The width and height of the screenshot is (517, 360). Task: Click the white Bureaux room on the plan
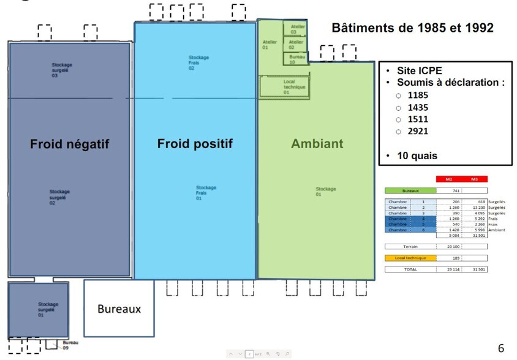pyautogui.click(x=119, y=309)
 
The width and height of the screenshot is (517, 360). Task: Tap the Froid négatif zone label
pyautogui.click(x=69, y=144)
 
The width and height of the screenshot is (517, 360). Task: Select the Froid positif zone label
pyautogui.click(x=195, y=144)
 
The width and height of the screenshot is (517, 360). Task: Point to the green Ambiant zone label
pyautogui.click(x=317, y=144)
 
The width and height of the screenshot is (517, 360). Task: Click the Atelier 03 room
pyautogui.click(x=294, y=29)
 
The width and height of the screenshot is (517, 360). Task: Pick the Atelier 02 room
pyautogui.click(x=295, y=44)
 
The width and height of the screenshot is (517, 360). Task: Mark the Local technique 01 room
pyautogui.click(x=284, y=86)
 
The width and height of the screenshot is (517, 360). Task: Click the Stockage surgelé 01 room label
pyautogui.click(x=47, y=309)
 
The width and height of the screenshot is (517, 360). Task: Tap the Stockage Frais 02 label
pyautogui.click(x=198, y=62)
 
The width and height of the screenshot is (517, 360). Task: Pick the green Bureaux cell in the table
pyautogui.click(x=410, y=191)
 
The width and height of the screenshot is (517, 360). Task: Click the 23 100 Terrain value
pyautogui.click(x=453, y=246)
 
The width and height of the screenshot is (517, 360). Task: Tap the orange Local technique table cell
pyautogui.click(x=410, y=258)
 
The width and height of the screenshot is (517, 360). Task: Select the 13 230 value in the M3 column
pyautogui.click(x=477, y=208)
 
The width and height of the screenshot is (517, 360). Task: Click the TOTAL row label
pyautogui.click(x=410, y=269)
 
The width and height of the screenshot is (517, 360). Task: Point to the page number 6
pyautogui.click(x=501, y=348)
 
